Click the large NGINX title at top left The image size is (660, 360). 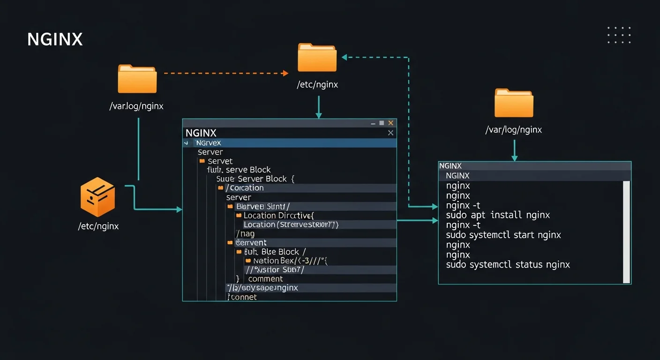(x=55, y=39)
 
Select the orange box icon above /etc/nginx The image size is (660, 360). (x=97, y=197)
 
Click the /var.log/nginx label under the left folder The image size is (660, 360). (x=136, y=106)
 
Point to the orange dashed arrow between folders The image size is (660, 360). (x=225, y=73)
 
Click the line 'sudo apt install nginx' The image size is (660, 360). (x=498, y=215)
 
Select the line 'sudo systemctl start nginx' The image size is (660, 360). (x=503, y=235)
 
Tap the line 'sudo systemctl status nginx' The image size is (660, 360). (x=508, y=264)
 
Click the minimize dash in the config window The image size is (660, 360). (x=373, y=123)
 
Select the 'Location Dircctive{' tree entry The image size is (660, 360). (x=278, y=216)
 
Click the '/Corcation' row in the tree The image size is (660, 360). (x=245, y=188)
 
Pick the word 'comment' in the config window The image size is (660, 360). (x=265, y=279)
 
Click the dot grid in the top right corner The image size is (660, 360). (x=619, y=35)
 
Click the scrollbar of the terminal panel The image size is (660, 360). (x=626, y=232)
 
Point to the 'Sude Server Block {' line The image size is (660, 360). (x=255, y=179)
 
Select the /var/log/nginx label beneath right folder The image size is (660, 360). (x=513, y=130)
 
